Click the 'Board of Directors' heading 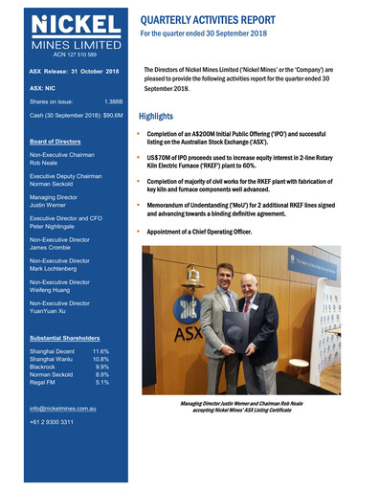click(62, 141)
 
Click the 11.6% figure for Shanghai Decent click(100, 351)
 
